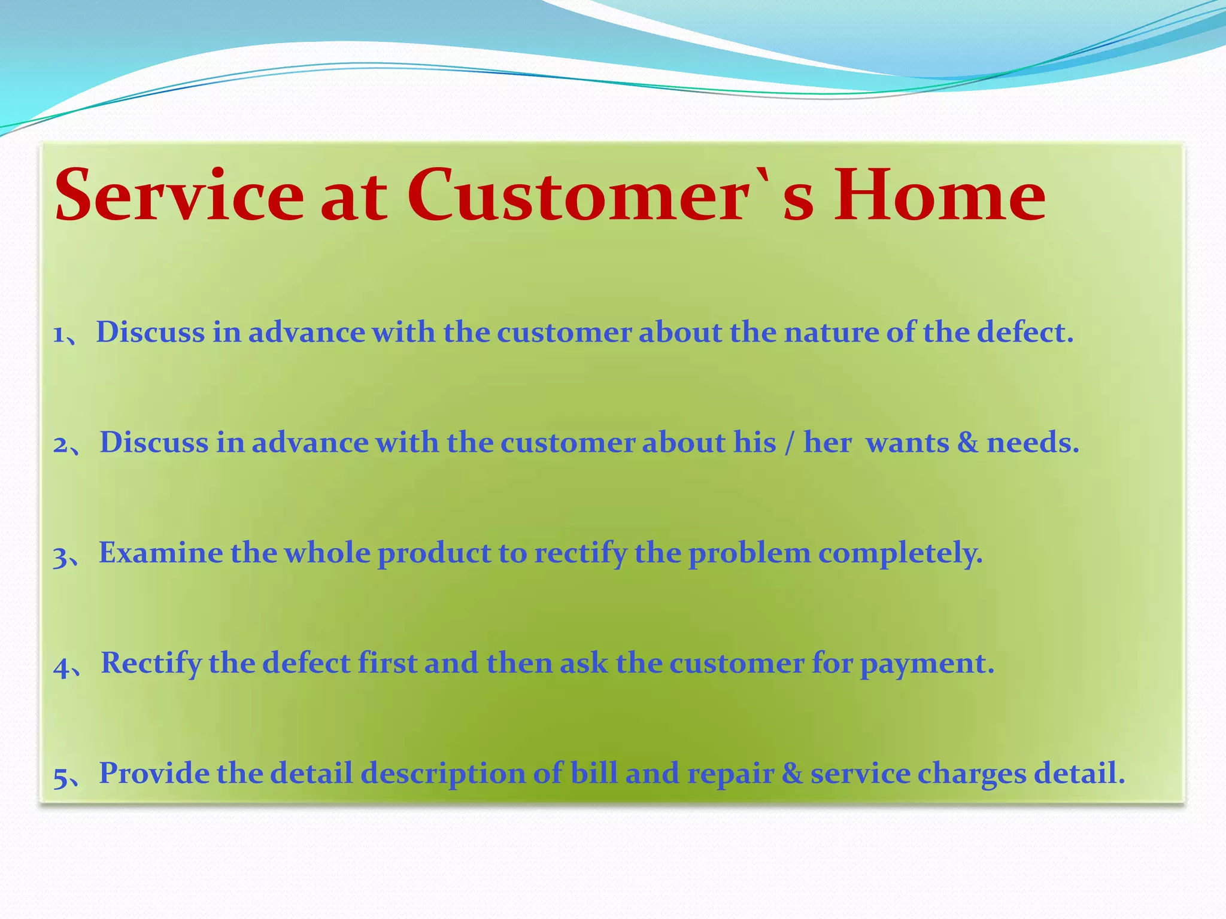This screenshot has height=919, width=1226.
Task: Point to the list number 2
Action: click(60, 445)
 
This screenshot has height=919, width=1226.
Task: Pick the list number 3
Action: click(60, 555)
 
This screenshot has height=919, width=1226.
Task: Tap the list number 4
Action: click(62, 666)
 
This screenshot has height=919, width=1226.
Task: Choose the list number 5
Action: click(60, 776)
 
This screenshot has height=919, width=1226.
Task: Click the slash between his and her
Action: click(790, 443)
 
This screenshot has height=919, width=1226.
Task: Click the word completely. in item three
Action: click(900, 554)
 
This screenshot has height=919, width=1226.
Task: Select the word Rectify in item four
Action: click(151, 664)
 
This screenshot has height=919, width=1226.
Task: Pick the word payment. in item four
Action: click(927, 664)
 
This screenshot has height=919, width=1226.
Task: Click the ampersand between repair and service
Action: click(792, 773)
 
